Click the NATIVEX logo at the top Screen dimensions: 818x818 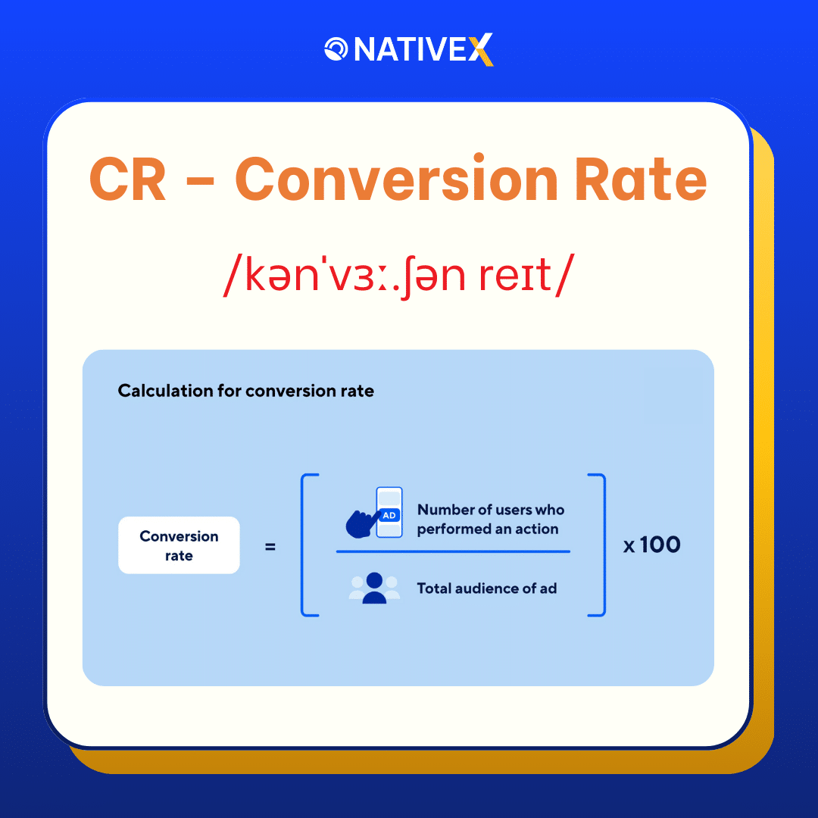[409, 50]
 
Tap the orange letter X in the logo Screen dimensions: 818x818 [480, 50]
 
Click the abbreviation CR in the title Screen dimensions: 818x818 [128, 180]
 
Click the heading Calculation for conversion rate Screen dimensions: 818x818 [245, 391]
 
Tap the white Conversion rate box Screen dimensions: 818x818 [179, 545]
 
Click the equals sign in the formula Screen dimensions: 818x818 [270, 545]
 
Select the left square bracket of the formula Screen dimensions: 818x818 [305, 545]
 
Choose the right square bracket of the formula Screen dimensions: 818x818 [601, 545]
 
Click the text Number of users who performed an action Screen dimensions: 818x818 [490, 519]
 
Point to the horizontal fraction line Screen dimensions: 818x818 [453, 551]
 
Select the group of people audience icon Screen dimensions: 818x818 [373, 588]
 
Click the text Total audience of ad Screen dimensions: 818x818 [486, 588]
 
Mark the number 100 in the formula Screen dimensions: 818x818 [660, 545]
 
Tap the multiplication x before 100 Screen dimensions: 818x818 [629, 546]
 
